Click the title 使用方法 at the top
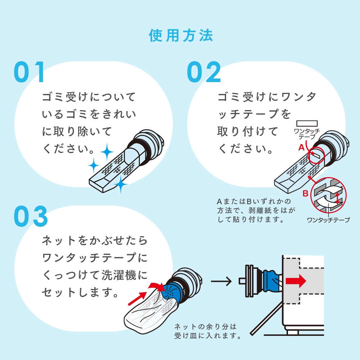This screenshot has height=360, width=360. pyautogui.click(x=181, y=36)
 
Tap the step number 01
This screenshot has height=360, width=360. pyautogui.click(x=29, y=72)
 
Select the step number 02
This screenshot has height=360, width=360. pyautogui.click(x=204, y=72)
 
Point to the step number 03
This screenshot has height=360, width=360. pyautogui.click(x=31, y=216)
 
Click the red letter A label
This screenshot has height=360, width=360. pyautogui.click(x=301, y=147)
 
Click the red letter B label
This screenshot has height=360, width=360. pyautogui.click(x=305, y=193)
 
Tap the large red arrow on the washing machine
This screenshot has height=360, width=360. pyautogui.click(x=296, y=281)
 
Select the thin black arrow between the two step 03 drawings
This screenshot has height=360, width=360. pyautogui.click(x=221, y=281)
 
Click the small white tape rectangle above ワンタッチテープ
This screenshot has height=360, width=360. pyautogui.click(x=307, y=123)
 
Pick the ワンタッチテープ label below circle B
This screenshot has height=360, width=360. pyautogui.click(x=328, y=220)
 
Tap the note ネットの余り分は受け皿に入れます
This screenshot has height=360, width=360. pyautogui.click(x=208, y=331)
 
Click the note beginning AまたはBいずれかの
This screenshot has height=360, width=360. pyautogui.click(x=256, y=210)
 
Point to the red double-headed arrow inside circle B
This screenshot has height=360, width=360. pyautogui.click(x=337, y=198)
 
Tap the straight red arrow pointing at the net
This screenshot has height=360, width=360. pyautogui.click(x=138, y=298)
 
